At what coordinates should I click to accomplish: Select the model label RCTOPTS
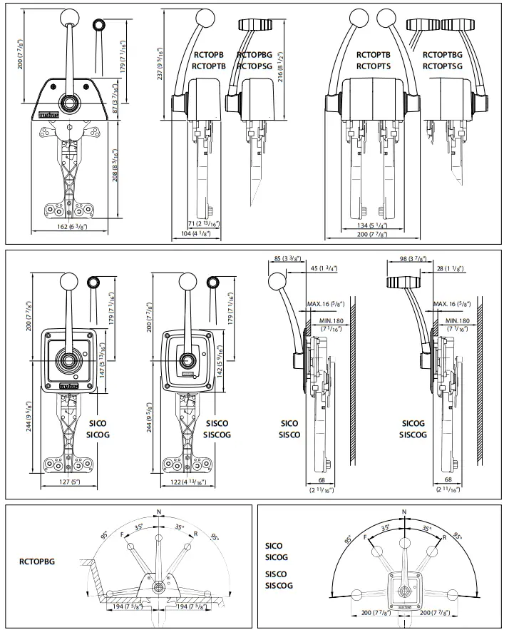click(374, 66)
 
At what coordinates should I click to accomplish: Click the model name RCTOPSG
click(254, 66)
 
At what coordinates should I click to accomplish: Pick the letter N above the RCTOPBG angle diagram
click(159, 512)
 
